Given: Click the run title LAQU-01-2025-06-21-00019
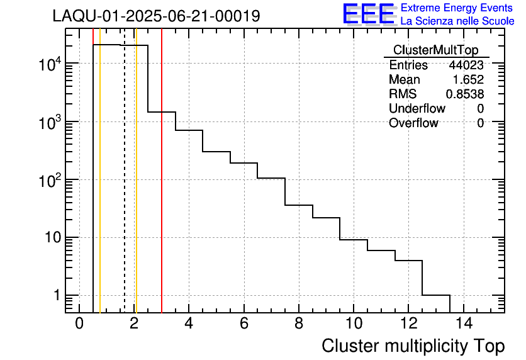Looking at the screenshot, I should pyautogui.click(x=156, y=16).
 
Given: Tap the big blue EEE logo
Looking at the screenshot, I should pyautogui.click(x=368, y=14).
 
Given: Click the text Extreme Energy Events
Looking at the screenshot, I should pyautogui.click(x=457, y=8).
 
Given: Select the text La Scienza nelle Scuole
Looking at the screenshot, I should pyautogui.click(x=457, y=21).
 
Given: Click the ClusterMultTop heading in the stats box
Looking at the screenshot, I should pyautogui.click(x=435, y=50).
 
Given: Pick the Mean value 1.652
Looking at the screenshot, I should pyautogui.click(x=469, y=80).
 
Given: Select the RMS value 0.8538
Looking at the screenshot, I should pyautogui.click(x=465, y=94).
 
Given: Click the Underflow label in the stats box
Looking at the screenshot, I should pyautogui.click(x=417, y=109).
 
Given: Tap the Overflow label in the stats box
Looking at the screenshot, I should pyautogui.click(x=413, y=123).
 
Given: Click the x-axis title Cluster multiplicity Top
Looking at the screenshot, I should pyautogui.click(x=413, y=346).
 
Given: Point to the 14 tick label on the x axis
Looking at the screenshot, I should pyautogui.click(x=464, y=324).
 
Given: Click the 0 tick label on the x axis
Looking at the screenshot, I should pyautogui.click(x=79, y=324).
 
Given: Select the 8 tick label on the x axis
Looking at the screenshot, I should pyautogui.click(x=299, y=324).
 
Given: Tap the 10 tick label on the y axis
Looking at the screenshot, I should pyautogui.click(x=50, y=238).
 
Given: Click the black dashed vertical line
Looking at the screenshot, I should pyautogui.click(x=125, y=189).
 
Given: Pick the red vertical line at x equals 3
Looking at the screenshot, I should pyautogui.click(x=162, y=189).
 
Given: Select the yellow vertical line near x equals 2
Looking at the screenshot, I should pyautogui.click(x=136, y=189).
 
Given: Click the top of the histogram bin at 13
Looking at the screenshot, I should pyautogui.click(x=436, y=295).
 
